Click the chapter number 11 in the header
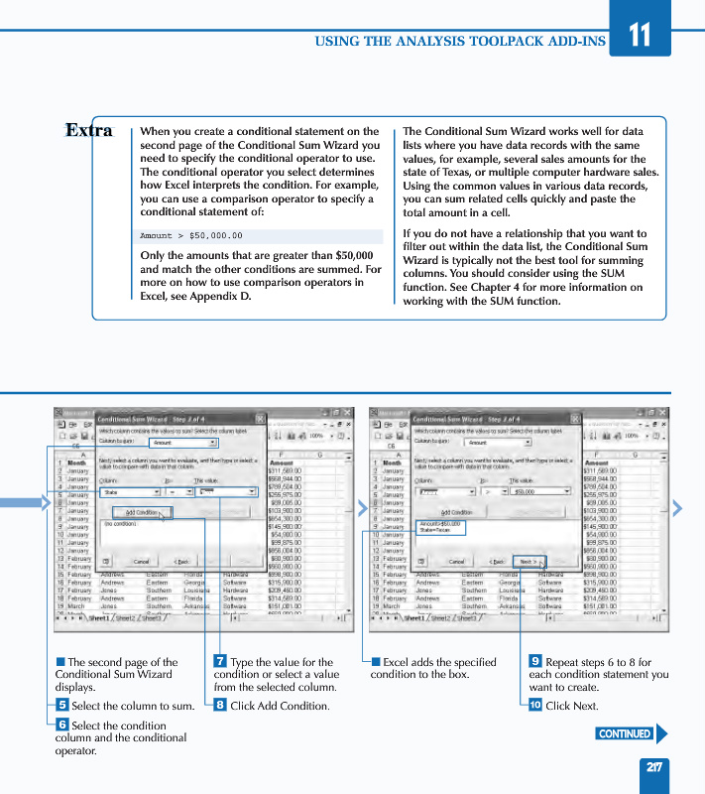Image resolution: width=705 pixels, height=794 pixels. [x=640, y=34]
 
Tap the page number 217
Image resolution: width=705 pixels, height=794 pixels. [x=654, y=766]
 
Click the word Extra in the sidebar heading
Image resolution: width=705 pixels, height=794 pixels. [x=89, y=130]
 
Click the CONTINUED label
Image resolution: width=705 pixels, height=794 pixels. [x=625, y=733]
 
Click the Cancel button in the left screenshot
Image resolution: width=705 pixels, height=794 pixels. [x=141, y=561]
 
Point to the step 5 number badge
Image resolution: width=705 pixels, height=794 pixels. [x=61, y=705]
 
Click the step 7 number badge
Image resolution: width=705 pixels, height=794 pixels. [x=220, y=662]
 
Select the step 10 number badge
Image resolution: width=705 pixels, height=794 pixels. [x=534, y=705]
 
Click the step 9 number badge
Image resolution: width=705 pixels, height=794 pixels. [x=535, y=662]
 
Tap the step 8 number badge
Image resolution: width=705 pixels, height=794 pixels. [x=220, y=705]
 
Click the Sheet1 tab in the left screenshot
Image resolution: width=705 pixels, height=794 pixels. [x=99, y=617]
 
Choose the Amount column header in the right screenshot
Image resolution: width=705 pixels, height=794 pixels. [x=597, y=463]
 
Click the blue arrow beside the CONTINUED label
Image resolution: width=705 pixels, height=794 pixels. [x=661, y=733]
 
